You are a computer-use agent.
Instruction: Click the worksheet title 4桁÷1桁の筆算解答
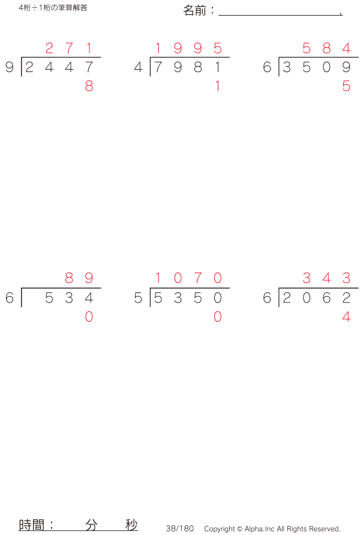53,8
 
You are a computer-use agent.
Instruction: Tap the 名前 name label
194,11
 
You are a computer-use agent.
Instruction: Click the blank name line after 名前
280,15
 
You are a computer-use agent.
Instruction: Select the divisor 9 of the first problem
10,67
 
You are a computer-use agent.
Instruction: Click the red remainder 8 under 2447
89,86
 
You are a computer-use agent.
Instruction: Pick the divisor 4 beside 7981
138,67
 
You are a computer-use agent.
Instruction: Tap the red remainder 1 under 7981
217,86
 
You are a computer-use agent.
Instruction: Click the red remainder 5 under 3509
346,86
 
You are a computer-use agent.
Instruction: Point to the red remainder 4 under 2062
346,316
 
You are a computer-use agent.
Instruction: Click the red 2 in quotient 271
49,48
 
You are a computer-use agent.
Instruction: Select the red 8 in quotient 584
326,48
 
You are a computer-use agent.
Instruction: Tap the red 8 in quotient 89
69,278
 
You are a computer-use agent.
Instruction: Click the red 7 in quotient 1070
198,278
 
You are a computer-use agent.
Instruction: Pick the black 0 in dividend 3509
326,67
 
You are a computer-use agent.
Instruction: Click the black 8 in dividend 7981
198,67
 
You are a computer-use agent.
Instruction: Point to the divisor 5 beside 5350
138,298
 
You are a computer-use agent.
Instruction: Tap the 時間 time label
32,525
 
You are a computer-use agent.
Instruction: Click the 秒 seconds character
131,525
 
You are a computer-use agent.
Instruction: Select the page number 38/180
179,528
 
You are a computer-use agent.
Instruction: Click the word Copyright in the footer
220,529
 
